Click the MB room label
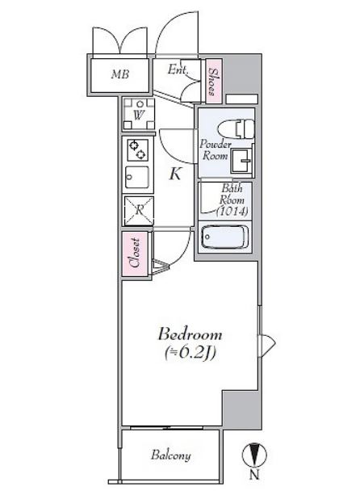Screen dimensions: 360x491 pyautogui.click(x=120, y=74)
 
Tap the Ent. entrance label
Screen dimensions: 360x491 pyautogui.click(x=178, y=69)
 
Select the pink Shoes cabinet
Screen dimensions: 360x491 pyautogui.click(x=214, y=82)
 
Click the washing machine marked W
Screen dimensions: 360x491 pyautogui.click(x=138, y=114)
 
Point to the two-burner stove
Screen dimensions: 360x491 pyautogui.click(x=138, y=149)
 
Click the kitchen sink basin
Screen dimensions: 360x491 pyautogui.click(x=137, y=177)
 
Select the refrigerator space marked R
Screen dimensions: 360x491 pyautogui.click(x=139, y=211)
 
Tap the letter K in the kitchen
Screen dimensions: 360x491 pyautogui.click(x=175, y=174)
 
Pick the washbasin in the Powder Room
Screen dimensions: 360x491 pyautogui.click(x=241, y=161)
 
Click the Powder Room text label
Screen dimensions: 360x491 pyautogui.click(x=215, y=150)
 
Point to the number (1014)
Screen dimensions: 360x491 pyautogui.click(x=232, y=212)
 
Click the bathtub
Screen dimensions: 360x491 pyautogui.click(x=225, y=237)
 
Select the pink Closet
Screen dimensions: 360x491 pyautogui.click(x=135, y=254)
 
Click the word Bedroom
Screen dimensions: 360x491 pyautogui.click(x=190, y=334)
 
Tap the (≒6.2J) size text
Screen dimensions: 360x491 pyautogui.click(x=190, y=353)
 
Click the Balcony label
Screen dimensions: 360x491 pyautogui.click(x=171, y=455)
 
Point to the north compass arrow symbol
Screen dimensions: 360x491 pyautogui.click(x=254, y=455)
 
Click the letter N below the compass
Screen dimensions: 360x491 pyautogui.click(x=254, y=475)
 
